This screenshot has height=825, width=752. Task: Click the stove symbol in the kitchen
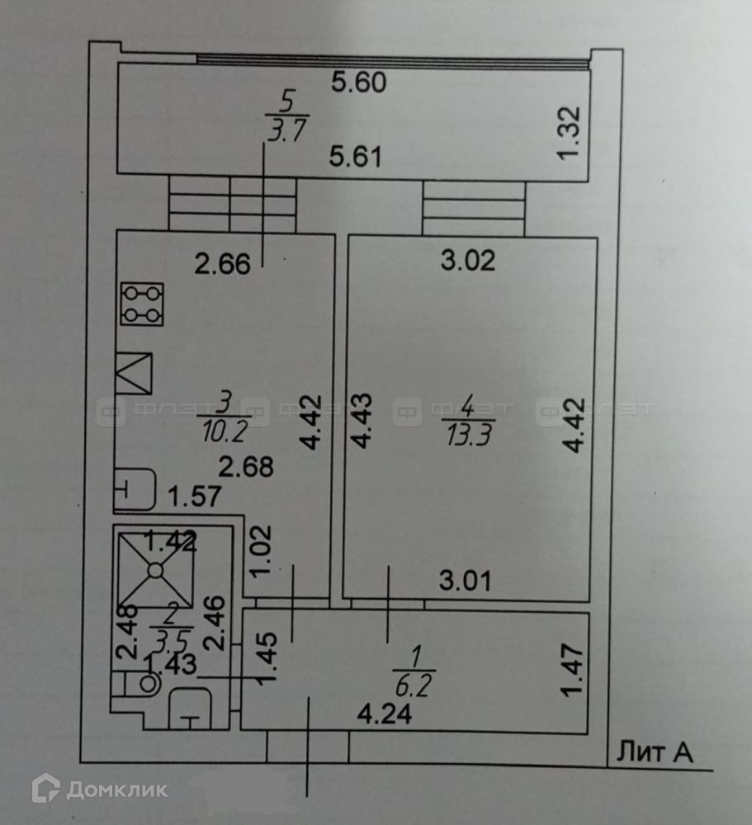[142, 304]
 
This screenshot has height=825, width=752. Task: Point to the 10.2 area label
[225, 431]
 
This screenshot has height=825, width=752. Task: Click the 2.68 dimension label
[246, 467]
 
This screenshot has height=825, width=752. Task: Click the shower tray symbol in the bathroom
[154, 568]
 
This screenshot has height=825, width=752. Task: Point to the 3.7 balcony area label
[286, 130]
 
